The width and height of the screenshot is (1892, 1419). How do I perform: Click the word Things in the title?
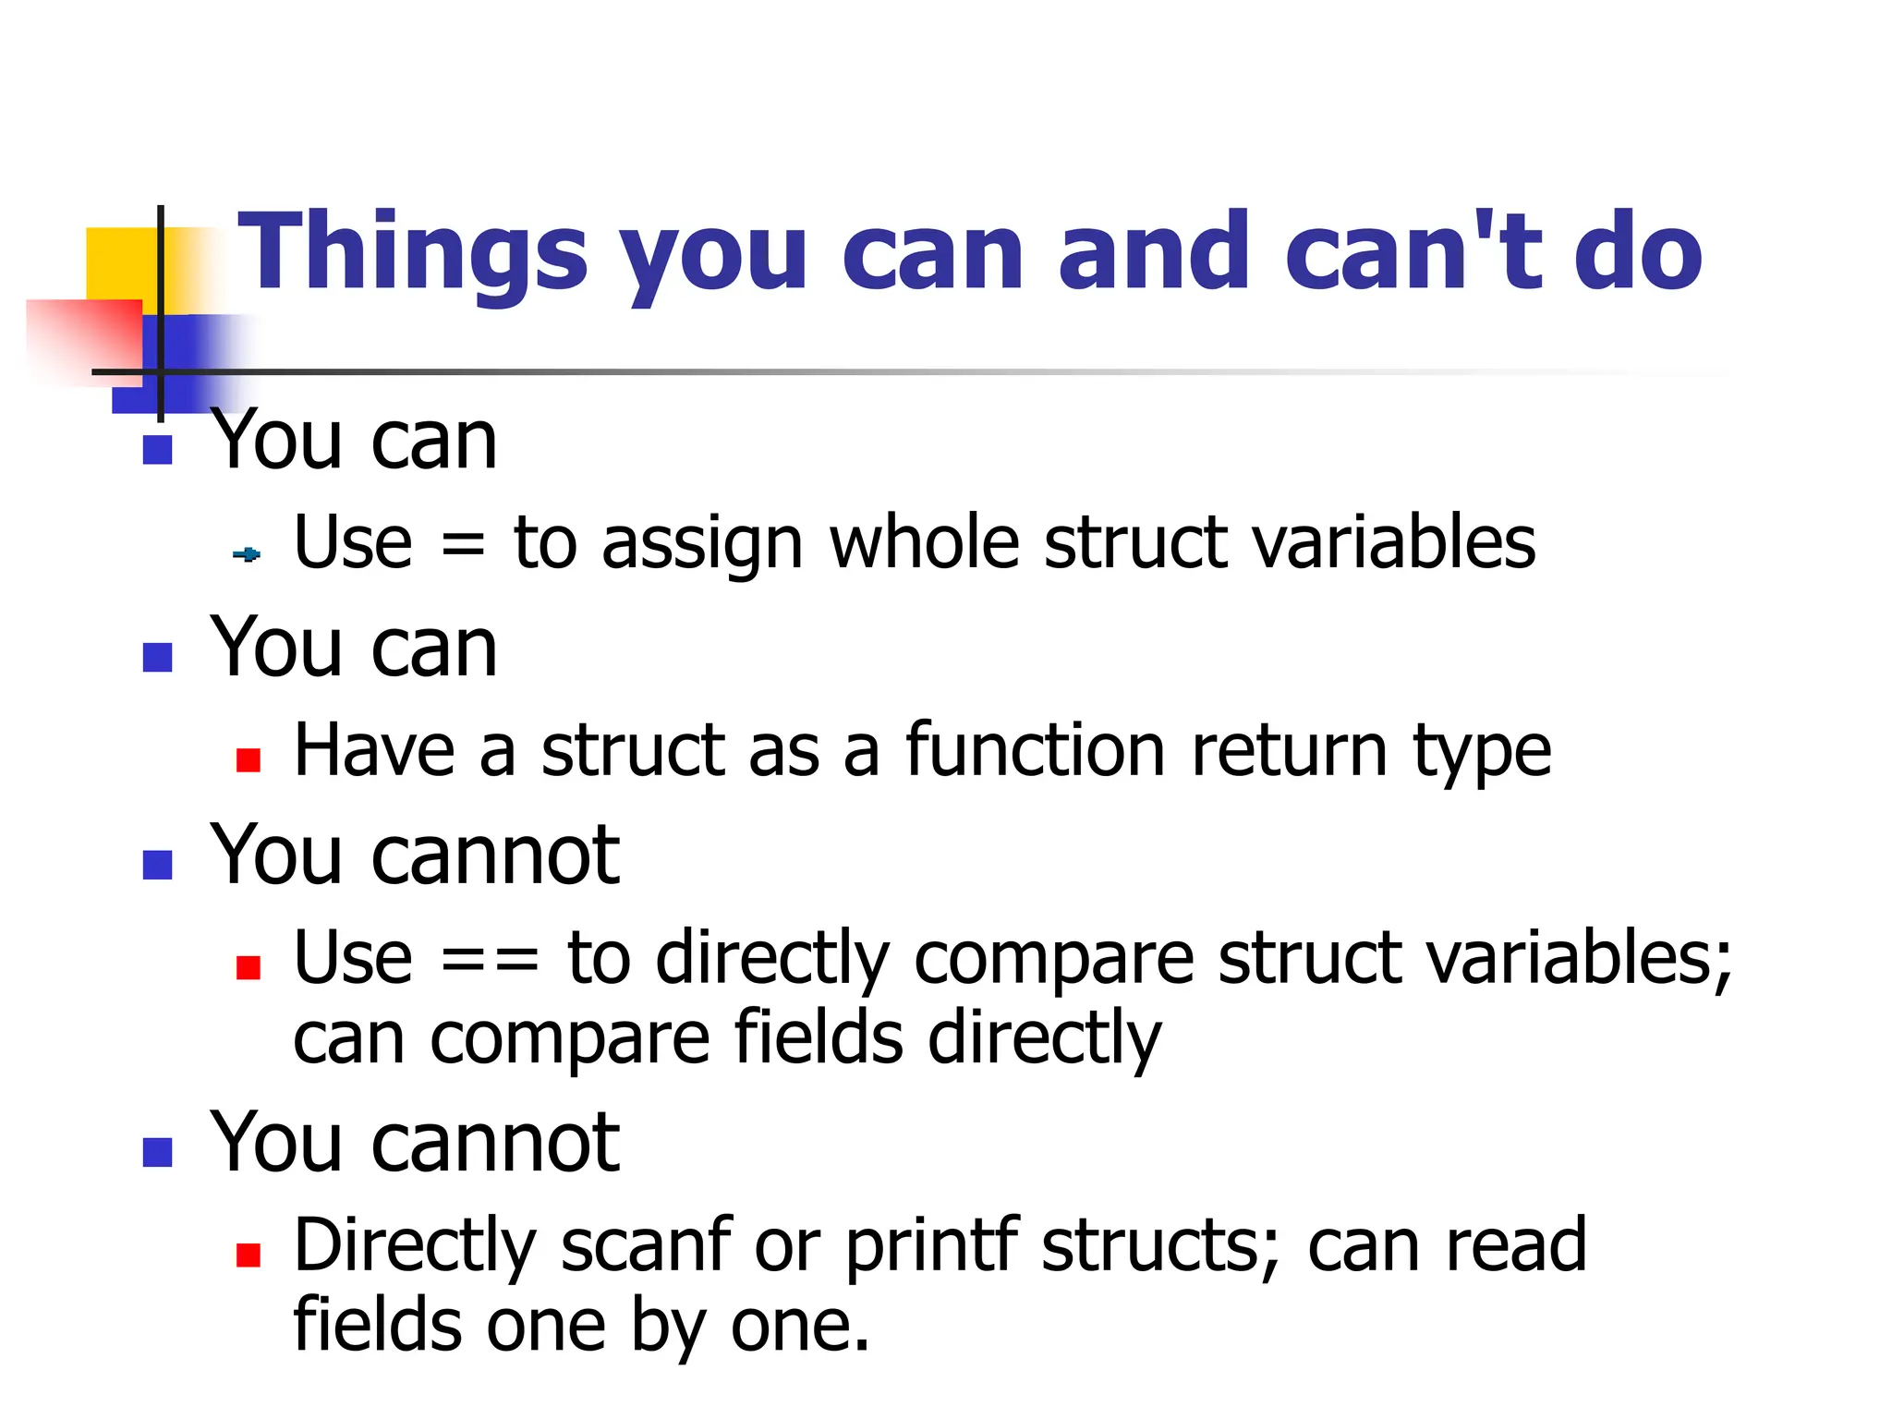coord(413,251)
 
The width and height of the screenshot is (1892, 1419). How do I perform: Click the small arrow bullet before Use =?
coord(247,554)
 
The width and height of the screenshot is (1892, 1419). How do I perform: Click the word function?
coord(1035,750)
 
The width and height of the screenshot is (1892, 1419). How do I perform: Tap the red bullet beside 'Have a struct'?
coord(248,760)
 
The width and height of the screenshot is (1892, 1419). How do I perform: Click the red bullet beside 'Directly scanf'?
coord(248,1255)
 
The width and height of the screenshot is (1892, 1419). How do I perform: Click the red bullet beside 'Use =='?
coord(248,967)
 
